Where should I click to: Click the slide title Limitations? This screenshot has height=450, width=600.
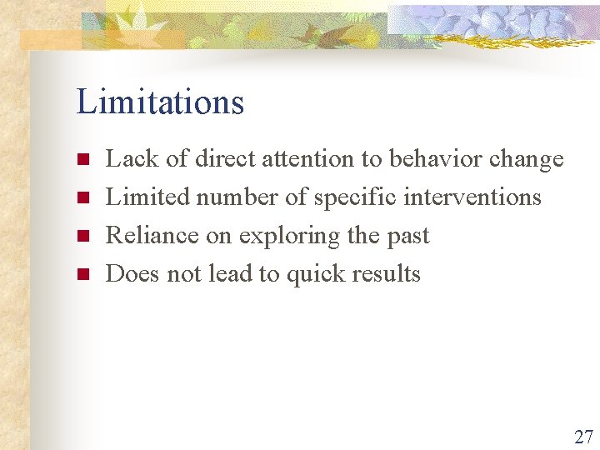click(x=160, y=102)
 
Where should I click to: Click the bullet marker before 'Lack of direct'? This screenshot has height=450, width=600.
click(x=82, y=159)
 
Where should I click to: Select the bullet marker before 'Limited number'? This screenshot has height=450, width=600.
click(x=82, y=197)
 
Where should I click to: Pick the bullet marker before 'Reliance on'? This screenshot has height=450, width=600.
click(x=82, y=236)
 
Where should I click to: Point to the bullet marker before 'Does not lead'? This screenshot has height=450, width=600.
click(x=82, y=274)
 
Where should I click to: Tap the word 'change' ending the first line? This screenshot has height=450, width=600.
click(x=527, y=159)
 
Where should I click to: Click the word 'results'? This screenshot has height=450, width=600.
click(x=390, y=274)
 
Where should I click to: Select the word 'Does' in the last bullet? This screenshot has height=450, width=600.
click(x=133, y=274)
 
